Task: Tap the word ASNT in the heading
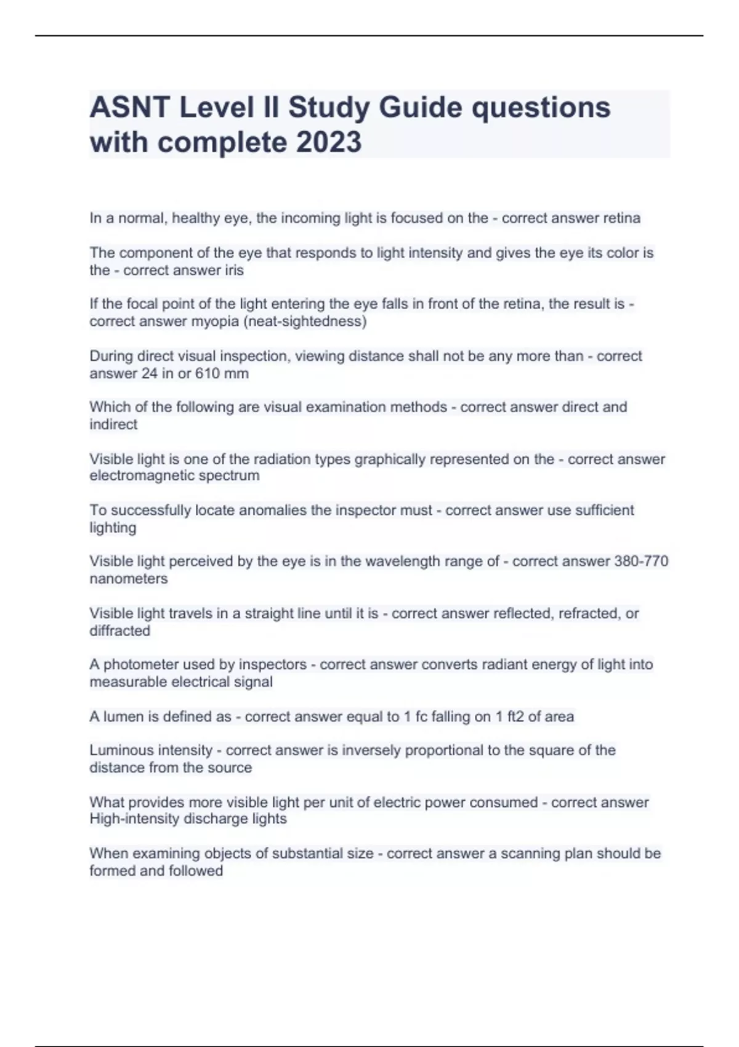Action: pyautogui.click(x=130, y=108)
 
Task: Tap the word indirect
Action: pyautogui.click(x=113, y=424)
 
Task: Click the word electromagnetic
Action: pyautogui.click(x=142, y=475)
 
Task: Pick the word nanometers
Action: pyautogui.click(x=128, y=579)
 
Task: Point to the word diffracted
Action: pyautogui.click(x=119, y=631)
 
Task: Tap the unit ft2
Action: pyautogui.click(x=515, y=717)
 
